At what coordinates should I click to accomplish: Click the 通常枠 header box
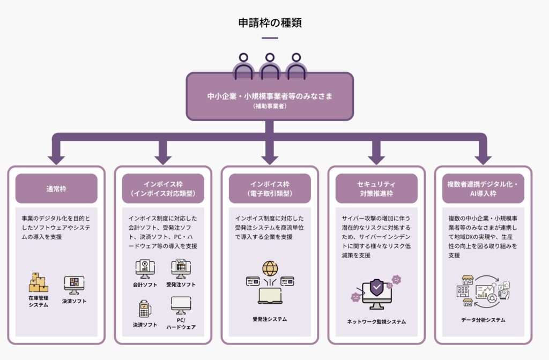(x=56, y=189)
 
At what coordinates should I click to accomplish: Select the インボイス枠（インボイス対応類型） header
(x=162, y=189)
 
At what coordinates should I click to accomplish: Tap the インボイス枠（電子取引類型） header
(x=270, y=189)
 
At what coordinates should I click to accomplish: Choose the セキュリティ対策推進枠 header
(x=376, y=189)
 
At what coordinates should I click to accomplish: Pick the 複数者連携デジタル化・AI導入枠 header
(x=483, y=189)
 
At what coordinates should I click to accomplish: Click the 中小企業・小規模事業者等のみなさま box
(x=270, y=96)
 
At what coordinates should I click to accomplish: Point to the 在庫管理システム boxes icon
(x=39, y=282)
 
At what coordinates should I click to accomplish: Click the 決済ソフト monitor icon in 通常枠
(x=74, y=284)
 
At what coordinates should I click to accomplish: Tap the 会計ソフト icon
(x=145, y=268)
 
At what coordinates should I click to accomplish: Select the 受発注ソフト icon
(x=181, y=268)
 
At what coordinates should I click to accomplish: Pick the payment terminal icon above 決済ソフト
(x=144, y=308)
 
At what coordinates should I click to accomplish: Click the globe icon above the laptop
(x=270, y=268)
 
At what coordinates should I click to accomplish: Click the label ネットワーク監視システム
(x=376, y=322)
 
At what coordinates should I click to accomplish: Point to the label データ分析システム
(x=483, y=320)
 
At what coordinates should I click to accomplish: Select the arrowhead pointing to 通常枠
(x=56, y=159)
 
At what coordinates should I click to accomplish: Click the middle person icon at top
(x=270, y=66)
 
